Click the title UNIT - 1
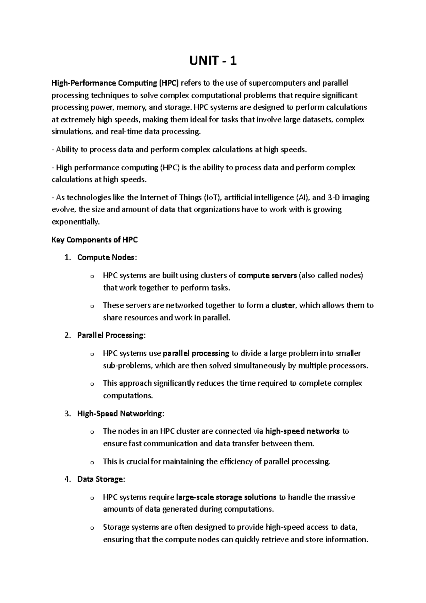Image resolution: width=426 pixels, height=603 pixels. tap(213, 62)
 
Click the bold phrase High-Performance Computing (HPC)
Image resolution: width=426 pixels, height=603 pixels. tap(116, 83)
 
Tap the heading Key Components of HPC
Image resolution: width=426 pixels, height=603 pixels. tap(94, 240)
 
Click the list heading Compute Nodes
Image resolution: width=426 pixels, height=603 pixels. tap(106, 257)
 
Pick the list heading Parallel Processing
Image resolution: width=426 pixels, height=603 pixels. tap(111, 335)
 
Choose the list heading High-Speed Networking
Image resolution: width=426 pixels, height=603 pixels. tap(120, 413)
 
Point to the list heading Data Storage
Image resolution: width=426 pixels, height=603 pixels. tap(100, 479)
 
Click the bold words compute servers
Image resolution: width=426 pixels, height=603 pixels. tap(267, 276)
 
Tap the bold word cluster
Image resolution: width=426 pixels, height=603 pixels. tap(283, 305)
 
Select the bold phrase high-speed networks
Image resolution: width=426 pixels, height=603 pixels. tap(302, 431)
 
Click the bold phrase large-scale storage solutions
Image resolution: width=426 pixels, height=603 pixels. tap(226, 497)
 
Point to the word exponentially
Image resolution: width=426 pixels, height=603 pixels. tap(76, 222)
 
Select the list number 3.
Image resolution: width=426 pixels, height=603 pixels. tap(68, 413)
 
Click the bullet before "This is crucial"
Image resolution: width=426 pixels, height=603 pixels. tap(92, 463)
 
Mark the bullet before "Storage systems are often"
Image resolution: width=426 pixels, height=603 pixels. tap(92, 528)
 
